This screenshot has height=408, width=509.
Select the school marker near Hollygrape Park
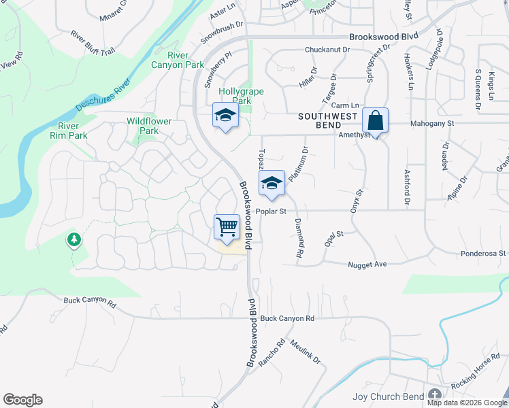click(225, 115)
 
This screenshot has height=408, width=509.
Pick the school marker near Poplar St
click(272, 183)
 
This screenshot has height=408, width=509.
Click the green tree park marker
click(74, 240)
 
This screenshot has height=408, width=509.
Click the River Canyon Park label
click(186, 60)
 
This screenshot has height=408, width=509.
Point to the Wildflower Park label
click(150, 126)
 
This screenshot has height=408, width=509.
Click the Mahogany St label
click(431, 124)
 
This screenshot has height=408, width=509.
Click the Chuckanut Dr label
click(327, 50)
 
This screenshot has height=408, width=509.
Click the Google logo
click(22, 400)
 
